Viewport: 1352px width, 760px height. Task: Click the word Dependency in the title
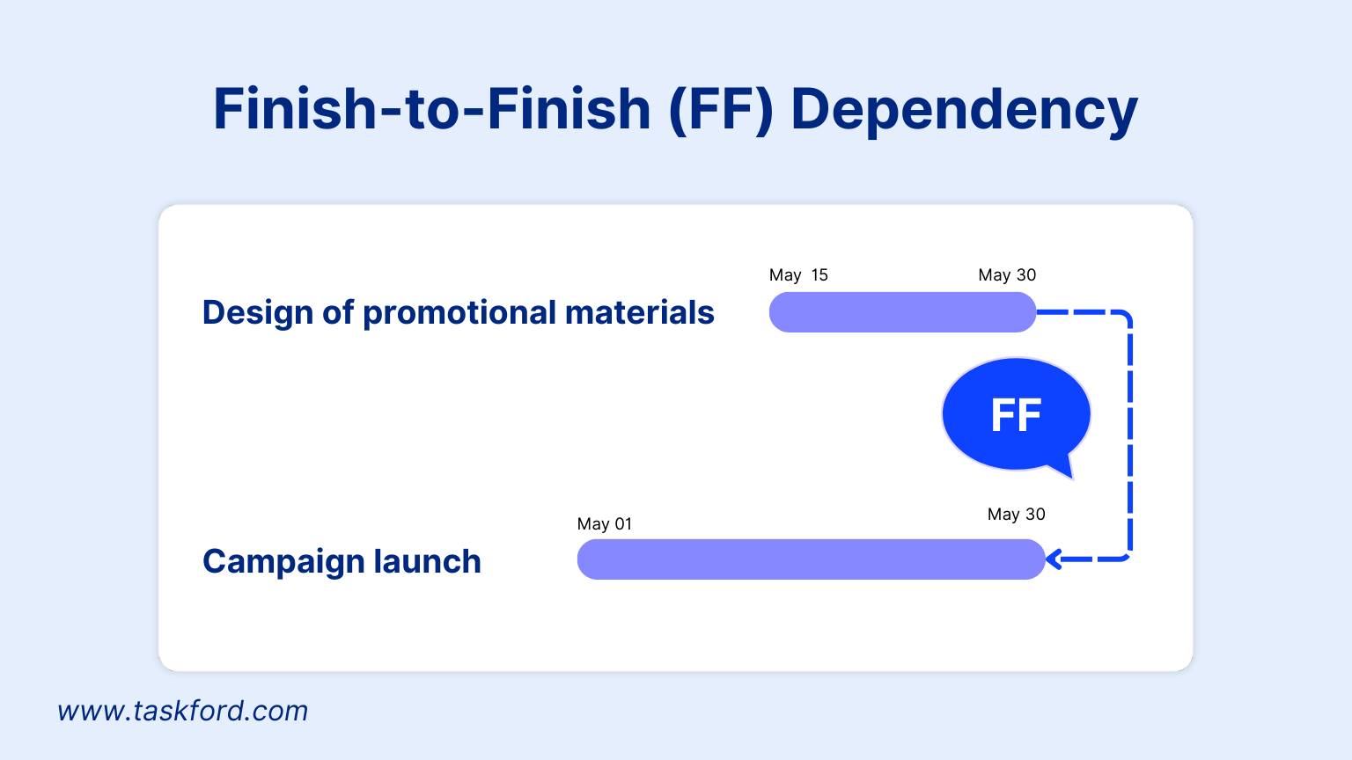point(964,110)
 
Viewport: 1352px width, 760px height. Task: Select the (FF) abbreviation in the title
point(720,110)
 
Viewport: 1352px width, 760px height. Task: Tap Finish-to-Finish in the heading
point(431,110)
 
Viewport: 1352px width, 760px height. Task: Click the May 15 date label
point(798,275)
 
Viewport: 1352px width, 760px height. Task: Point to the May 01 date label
point(604,524)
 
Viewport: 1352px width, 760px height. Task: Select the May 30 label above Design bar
point(1007,275)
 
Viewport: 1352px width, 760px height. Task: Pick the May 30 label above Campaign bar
point(1016,515)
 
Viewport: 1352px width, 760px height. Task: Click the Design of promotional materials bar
point(901,312)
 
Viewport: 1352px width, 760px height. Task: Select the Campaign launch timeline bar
point(810,559)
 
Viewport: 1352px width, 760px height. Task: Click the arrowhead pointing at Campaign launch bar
point(1054,559)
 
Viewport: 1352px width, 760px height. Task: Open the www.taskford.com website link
point(183,711)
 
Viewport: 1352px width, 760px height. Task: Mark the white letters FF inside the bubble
point(1016,415)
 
